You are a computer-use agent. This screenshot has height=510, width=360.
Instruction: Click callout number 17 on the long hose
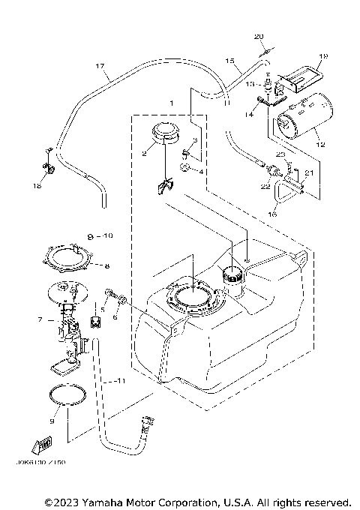coord(100,67)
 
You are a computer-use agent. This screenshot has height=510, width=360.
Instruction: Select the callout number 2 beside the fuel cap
coord(145,154)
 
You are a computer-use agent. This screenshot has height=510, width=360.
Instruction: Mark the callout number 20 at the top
coord(259,37)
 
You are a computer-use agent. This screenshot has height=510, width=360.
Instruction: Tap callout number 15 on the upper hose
coord(230,60)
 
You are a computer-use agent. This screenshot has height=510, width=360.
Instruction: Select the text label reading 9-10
coord(99,235)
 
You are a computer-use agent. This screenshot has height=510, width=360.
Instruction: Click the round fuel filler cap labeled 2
coord(166,133)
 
